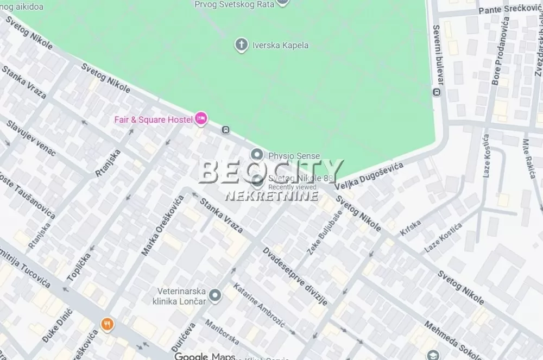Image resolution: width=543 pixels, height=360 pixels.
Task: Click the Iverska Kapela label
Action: (x=280, y=45)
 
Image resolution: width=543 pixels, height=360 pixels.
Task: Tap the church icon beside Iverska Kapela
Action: (x=241, y=45)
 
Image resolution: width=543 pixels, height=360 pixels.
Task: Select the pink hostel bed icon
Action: (x=201, y=118)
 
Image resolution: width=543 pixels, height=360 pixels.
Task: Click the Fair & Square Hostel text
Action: (x=153, y=119)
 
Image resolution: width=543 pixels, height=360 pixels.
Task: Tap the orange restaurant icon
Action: (x=108, y=325)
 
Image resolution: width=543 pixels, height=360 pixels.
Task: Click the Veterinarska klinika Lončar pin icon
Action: (x=216, y=295)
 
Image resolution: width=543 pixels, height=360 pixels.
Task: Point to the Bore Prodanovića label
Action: (x=500, y=50)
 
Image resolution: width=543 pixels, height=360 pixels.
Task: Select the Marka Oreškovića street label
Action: (x=162, y=225)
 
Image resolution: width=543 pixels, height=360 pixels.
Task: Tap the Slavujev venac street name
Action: (x=31, y=138)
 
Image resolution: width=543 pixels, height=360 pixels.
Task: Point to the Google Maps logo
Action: (x=205, y=356)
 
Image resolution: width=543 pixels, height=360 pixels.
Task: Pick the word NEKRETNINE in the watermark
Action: (x=271, y=195)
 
